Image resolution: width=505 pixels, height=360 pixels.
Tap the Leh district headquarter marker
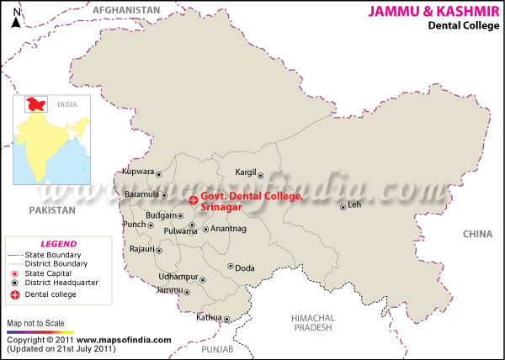pyautogui.click(x=343, y=207)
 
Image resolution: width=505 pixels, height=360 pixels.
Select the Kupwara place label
pyautogui.click(x=139, y=171)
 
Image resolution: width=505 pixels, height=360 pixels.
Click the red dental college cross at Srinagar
pyautogui.click(x=194, y=200)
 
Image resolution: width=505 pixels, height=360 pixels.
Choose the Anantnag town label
pyautogui.click(x=228, y=228)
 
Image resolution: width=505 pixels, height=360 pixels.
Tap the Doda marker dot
pyautogui.click(x=230, y=267)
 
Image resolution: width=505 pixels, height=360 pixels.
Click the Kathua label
pyautogui.click(x=209, y=317)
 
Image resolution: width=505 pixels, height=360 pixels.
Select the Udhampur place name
pyautogui.click(x=178, y=277)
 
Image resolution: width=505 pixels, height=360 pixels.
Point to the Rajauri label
pyautogui.click(x=141, y=249)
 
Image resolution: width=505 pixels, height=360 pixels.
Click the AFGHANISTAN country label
pyautogui.click(x=126, y=9)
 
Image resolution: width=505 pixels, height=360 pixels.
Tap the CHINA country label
pyautogui.click(x=477, y=234)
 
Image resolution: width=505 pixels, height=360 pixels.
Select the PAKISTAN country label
pyautogui.click(x=51, y=209)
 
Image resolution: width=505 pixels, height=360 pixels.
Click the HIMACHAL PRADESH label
pyautogui.click(x=313, y=322)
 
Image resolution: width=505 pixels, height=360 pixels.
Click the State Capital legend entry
pyautogui.click(x=48, y=273)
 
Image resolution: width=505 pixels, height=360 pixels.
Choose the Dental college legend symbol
pyautogui.click(x=14, y=294)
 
